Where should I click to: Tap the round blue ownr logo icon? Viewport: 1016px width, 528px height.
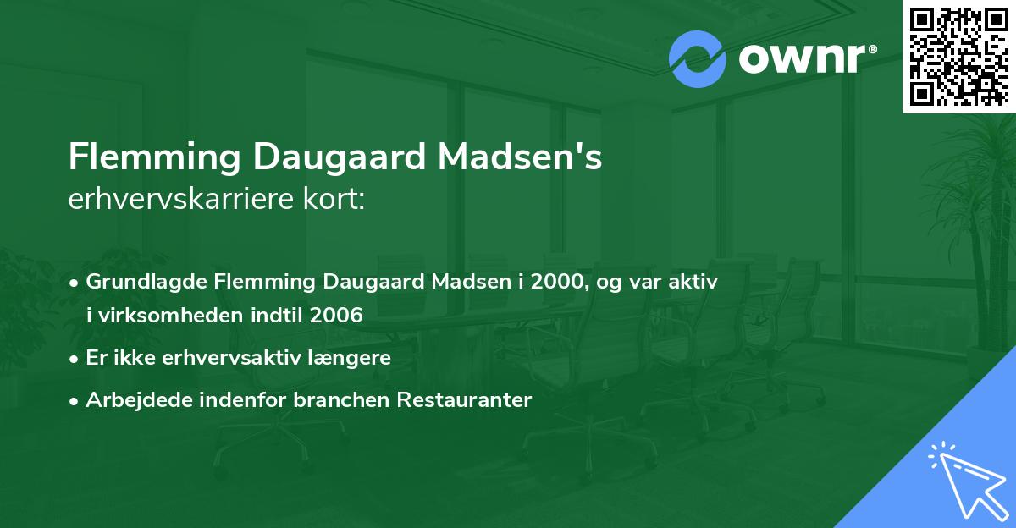[698, 58]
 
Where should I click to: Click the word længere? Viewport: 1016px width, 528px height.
[354, 358]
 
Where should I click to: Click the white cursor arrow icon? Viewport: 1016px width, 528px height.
[964, 481]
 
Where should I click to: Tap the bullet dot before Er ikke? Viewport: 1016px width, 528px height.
[75, 359]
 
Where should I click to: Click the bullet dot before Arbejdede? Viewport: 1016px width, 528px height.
[75, 401]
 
